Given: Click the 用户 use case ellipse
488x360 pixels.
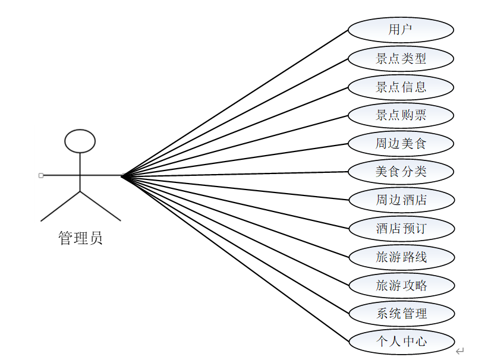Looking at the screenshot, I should click(x=401, y=30).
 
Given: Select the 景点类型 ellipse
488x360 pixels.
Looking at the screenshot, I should click(x=401, y=58).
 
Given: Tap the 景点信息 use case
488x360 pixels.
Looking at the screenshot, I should click(x=401, y=87).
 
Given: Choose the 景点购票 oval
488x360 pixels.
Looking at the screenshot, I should click(x=401, y=115).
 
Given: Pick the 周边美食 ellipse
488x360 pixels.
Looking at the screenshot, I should click(x=401, y=143).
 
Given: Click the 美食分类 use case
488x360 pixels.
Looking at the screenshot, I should click(x=401, y=172).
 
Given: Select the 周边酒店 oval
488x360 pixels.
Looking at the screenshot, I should click(x=401, y=200).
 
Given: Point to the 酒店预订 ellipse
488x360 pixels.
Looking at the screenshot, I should click(x=401, y=228).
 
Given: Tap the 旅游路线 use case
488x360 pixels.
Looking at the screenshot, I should click(x=401, y=257).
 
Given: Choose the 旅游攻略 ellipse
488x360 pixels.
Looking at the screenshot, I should click(x=401, y=285).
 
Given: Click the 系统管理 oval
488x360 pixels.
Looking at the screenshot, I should click(x=401, y=313).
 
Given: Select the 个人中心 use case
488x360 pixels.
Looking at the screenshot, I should click(x=401, y=342).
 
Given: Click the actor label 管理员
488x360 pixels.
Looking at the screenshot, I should click(x=80, y=239).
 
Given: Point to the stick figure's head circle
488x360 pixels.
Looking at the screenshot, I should click(x=80, y=141).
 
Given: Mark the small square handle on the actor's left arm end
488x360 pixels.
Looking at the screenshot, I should click(x=40, y=175).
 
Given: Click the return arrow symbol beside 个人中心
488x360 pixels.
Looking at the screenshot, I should click(x=459, y=351).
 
